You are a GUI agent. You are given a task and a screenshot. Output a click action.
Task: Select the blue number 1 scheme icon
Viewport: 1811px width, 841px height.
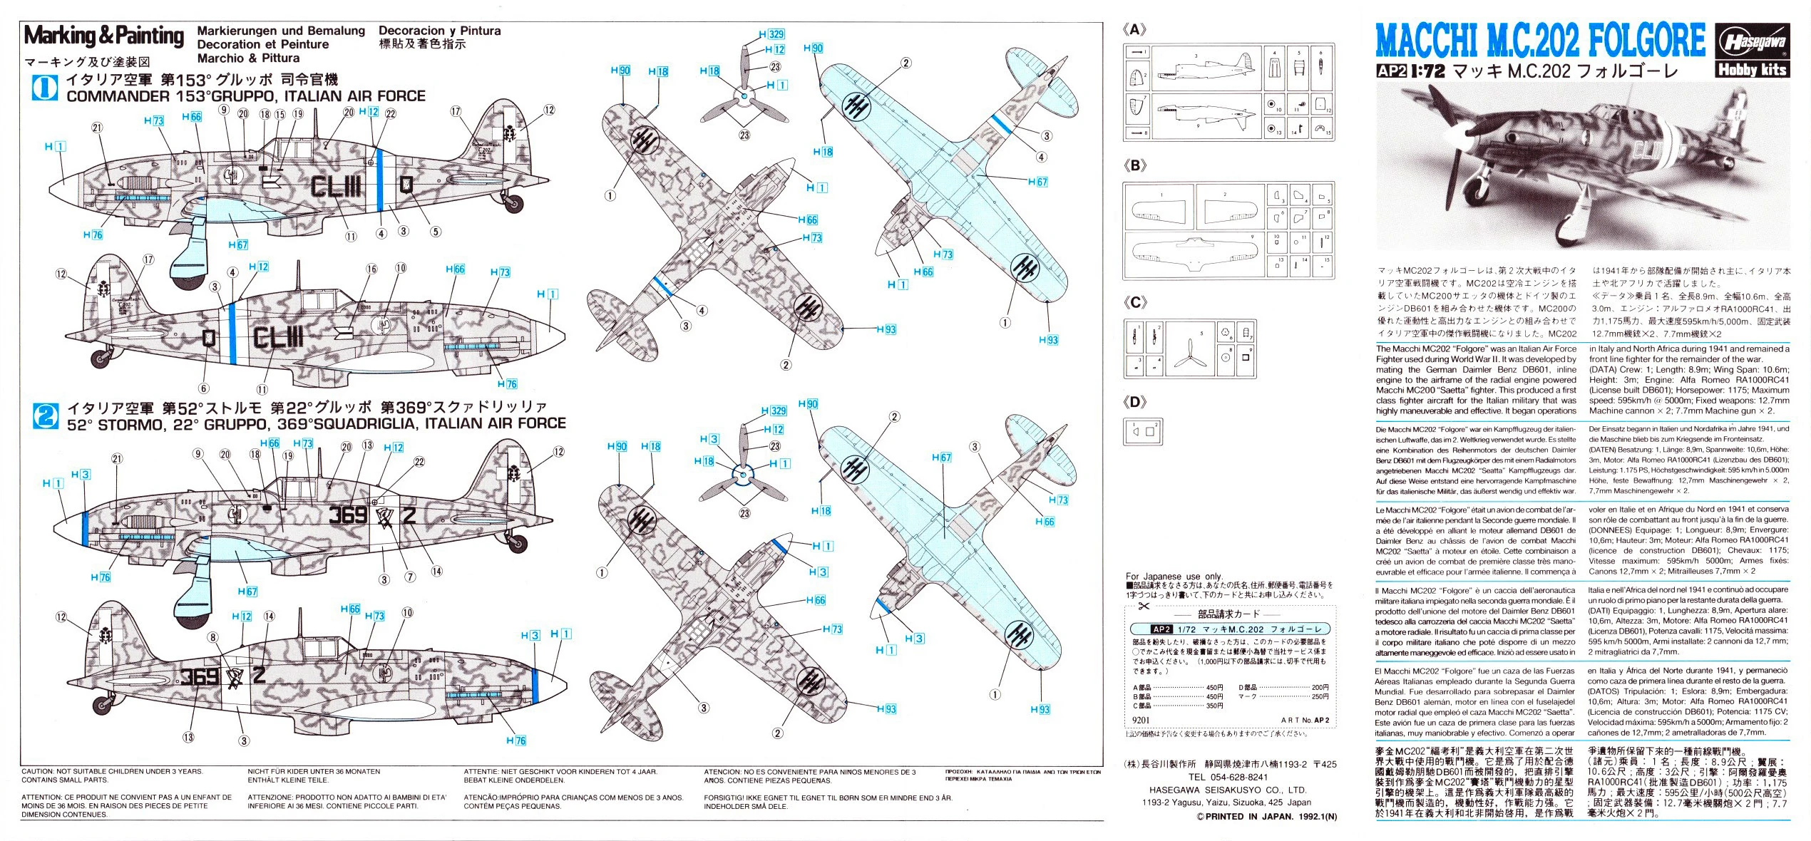(45, 88)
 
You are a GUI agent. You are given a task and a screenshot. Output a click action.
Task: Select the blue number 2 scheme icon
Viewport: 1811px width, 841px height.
(45, 415)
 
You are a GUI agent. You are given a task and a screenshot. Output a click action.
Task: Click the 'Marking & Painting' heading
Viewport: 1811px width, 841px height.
(104, 35)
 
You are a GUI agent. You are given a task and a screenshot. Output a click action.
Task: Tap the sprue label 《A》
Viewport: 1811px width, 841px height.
(1134, 30)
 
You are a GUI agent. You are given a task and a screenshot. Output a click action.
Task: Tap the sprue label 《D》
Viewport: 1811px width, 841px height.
(1134, 402)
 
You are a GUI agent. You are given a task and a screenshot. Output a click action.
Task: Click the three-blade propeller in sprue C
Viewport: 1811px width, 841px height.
(1189, 351)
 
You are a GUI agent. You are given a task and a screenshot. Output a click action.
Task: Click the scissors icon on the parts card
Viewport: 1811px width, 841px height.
(1144, 606)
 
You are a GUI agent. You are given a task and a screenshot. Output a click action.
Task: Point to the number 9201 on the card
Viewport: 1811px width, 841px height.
(1140, 720)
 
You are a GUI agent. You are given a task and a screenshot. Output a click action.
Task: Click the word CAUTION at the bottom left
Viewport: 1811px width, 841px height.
(39, 772)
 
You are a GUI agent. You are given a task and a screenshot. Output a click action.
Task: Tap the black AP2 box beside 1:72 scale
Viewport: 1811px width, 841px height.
(1391, 71)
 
